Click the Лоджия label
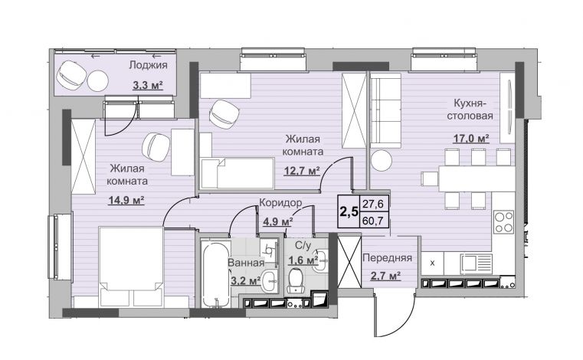click(148, 65)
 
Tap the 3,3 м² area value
click(148, 85)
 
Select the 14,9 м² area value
click(126, 201)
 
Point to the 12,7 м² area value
click(303, 171)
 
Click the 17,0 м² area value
click(470, 139)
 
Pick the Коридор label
click(280, 203)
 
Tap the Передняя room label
click(387, 257)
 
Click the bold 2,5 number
click(349, 211)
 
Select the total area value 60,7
click(375, 221)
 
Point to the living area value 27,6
click(375, 204)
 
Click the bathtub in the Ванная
click(215, 273)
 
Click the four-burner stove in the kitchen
click(504, 221)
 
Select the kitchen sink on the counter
click(476, 263)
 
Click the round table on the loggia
click(98, 80)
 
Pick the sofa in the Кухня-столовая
click(385, 110)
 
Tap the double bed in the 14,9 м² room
click(131, 267)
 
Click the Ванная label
click(246, 263)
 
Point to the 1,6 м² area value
click(303, 260)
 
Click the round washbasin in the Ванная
click(268, 281)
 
